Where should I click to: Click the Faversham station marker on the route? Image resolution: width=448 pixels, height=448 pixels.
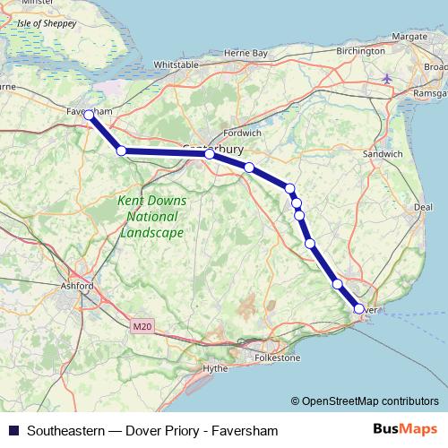[88, 115]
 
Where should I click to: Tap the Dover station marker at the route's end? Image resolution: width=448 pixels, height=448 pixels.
[359, 309]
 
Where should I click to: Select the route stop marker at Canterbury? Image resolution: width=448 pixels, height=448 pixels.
[209, 154]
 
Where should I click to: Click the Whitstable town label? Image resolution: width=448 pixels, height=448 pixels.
[176, 65]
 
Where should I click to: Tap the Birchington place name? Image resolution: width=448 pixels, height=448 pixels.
[360, 52]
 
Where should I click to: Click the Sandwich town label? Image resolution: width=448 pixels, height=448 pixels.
[383, 154]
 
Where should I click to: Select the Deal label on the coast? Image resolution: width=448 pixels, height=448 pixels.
[424, 207]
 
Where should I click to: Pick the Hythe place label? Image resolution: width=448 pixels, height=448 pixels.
[216, 368]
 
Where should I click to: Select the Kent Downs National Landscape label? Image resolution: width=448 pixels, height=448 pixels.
[151, 216]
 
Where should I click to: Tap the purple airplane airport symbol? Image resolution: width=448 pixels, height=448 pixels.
[387, 79]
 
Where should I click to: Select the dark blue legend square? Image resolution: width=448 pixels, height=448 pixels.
[13, 431]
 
